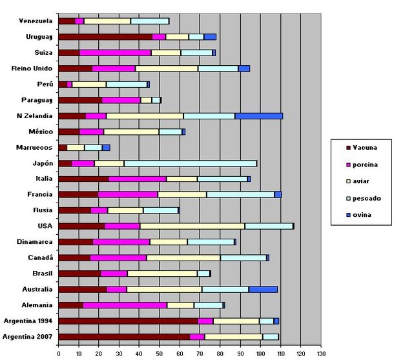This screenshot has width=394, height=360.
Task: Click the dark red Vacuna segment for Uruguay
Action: coord(105,37)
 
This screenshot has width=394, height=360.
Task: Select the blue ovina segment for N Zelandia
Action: coord(258,116)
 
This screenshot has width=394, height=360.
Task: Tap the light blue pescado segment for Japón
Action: coord(190,163)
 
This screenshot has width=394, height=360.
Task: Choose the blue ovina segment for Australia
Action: coord(263,289)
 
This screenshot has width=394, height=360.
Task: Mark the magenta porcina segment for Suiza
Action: coord(115,53)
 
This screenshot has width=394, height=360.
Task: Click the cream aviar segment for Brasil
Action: coord(162,274)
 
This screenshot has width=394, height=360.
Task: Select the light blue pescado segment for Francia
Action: coord(240,194)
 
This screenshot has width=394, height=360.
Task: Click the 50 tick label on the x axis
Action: coord(159,354)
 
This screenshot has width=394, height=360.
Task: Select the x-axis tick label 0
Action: coord(58,354)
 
